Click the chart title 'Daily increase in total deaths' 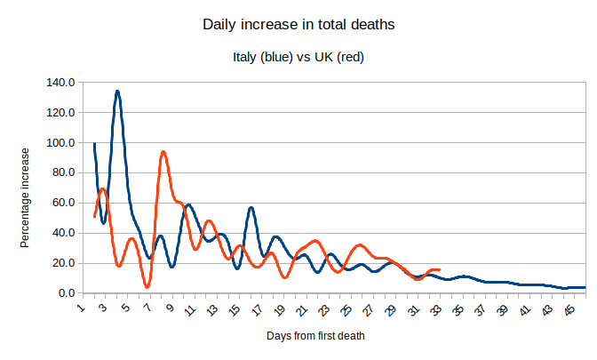(x=298, y=25)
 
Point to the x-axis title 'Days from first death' (x=315, y=336)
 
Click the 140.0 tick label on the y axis (x=60, y=83)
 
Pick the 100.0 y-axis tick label (x=60, y=143)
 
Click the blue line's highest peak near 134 (x=117, y=92)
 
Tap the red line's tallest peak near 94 (x=163, y=152)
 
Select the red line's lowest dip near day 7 (x=147, y=286)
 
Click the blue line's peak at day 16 (x=251, y=208)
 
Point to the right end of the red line (x=439, y=269)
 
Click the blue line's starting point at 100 (x=94, y=143)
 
